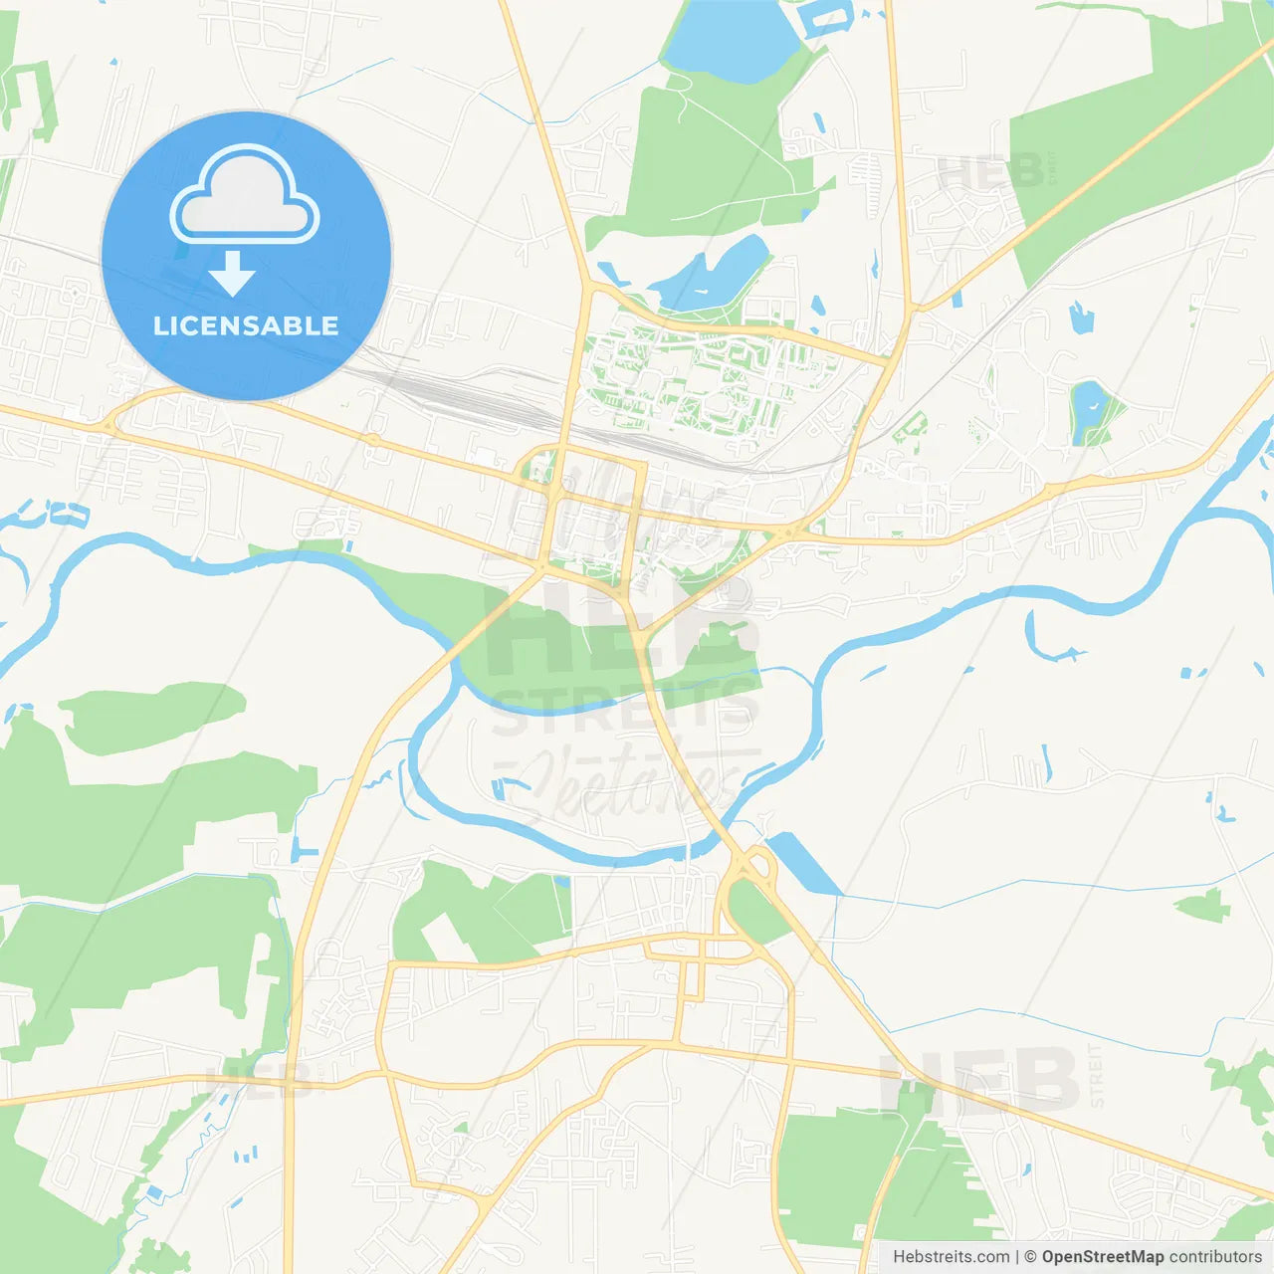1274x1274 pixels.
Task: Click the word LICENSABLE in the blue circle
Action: (246, 325)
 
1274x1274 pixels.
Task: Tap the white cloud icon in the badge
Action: (245, 195)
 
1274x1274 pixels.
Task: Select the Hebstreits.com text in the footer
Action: (951, 1257)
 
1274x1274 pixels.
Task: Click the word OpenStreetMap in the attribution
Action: (1102, 1257)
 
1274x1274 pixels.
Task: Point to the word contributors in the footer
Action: (1215, 1257)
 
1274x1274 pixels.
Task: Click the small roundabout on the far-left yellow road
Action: (107, 425)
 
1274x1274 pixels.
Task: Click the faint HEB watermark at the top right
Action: (990, 172)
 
